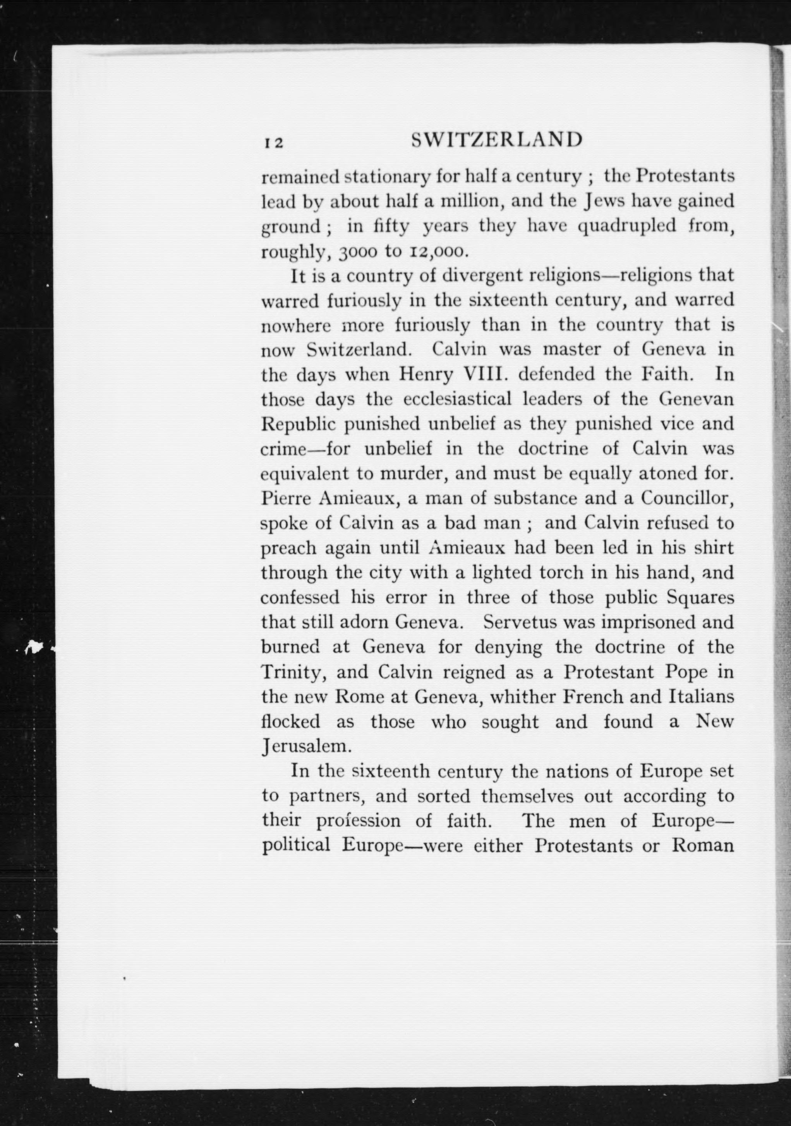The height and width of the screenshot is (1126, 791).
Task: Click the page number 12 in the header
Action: (271, 142)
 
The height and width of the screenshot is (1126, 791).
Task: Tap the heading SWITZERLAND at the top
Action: (497, 140)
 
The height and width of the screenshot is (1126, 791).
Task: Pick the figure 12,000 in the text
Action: (432, 252)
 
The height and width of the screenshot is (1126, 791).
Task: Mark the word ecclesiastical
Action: (457, 400)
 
